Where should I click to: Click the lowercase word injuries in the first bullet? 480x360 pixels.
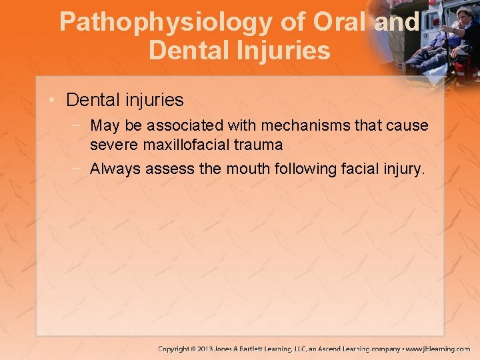click(x=153, y=100)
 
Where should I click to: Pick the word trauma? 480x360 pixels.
click(x=260, y=144)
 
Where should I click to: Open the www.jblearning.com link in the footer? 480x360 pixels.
click(x=438, y=349)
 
